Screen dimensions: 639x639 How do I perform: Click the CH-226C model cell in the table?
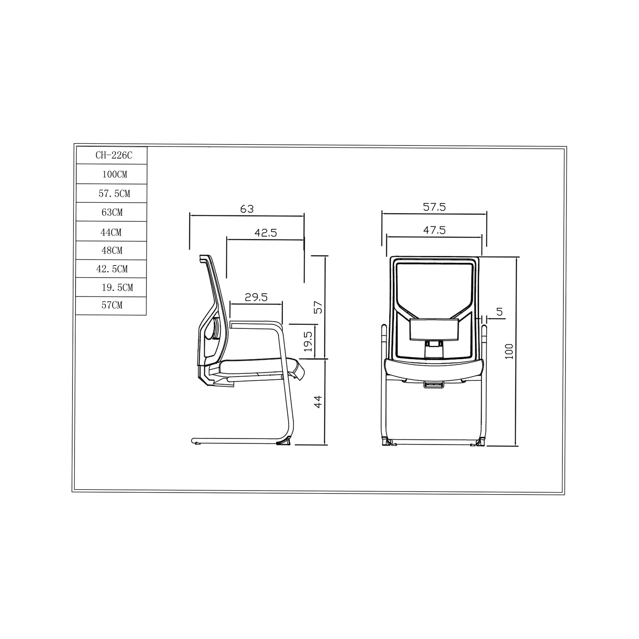coord(111,155)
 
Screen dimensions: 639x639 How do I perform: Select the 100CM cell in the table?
coord(111,174)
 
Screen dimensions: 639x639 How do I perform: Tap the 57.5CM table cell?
coord(111,193)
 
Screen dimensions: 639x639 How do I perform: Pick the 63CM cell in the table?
coord(111,212)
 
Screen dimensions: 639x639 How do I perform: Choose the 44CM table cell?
coord(111,231)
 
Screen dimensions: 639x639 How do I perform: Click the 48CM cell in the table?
coord(111,251)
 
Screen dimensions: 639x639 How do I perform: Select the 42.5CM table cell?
coord(111,269)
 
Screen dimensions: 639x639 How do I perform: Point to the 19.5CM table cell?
coord(111,288)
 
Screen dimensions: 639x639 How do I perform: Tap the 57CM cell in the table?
coord(111,306)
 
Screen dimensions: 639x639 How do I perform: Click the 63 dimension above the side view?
coord(247,209)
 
